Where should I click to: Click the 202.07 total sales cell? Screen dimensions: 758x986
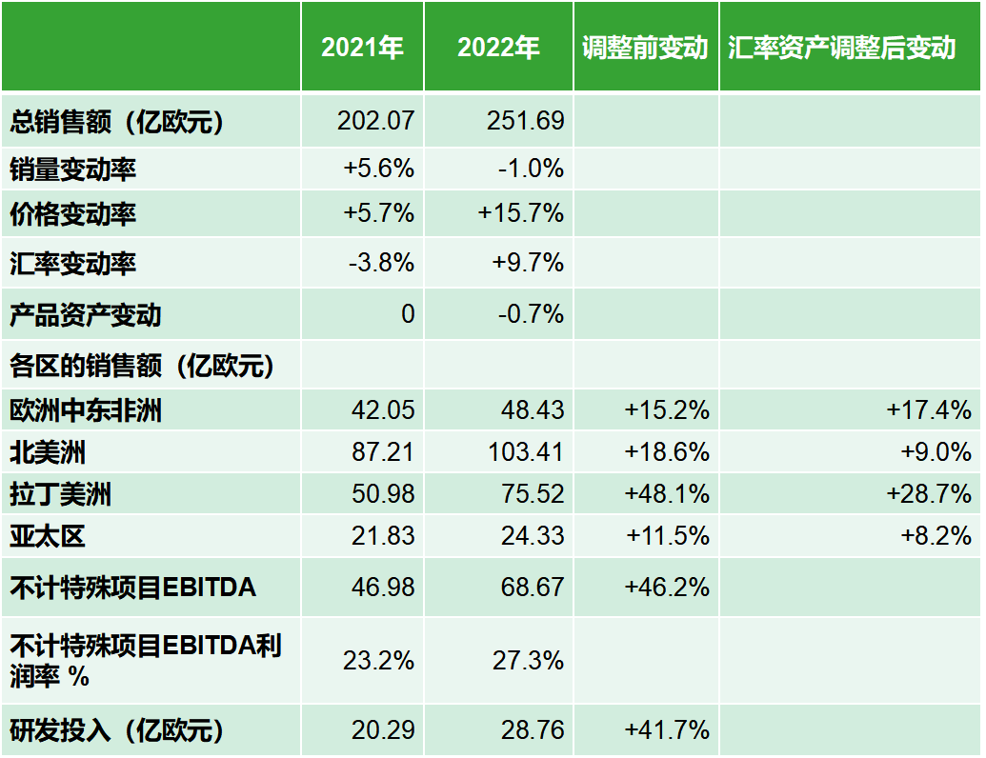point(376,121)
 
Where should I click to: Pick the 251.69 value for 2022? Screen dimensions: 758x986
point(525,121)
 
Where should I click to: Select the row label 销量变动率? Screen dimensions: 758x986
point(73,170)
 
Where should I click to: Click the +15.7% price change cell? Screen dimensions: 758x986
point(521,213)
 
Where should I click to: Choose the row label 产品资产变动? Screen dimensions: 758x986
point(86,314)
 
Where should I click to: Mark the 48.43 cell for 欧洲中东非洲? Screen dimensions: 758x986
point(533,409)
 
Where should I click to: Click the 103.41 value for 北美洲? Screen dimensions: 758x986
point(525,451)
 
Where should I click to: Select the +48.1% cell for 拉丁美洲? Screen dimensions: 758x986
point(667,494)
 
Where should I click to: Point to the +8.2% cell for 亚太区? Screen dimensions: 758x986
point(936,536)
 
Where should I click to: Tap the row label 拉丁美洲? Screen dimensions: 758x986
point(61,494)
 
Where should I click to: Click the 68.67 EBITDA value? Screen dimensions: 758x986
point(533,587)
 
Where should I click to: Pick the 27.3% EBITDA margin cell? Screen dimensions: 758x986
point(529,660)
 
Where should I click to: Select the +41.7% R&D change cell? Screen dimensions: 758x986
point(667,730)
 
